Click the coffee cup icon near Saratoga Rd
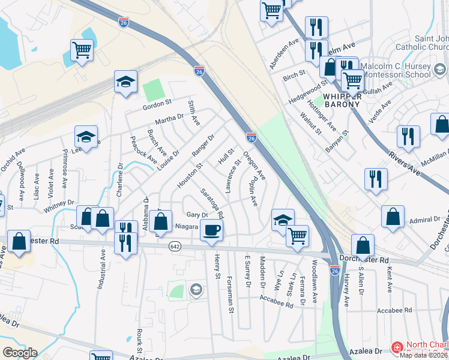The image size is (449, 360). [211, 230]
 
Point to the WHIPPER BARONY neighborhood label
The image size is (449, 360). [342, 99]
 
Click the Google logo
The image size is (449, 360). [20, 353]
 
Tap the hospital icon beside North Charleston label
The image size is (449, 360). [397, 347]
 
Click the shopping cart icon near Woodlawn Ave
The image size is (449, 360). [298, 236]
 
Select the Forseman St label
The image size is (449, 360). [230, 295]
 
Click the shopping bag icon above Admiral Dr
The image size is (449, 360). [393, 217]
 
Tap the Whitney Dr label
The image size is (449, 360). [57, 205]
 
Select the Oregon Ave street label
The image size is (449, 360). [255, 165]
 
